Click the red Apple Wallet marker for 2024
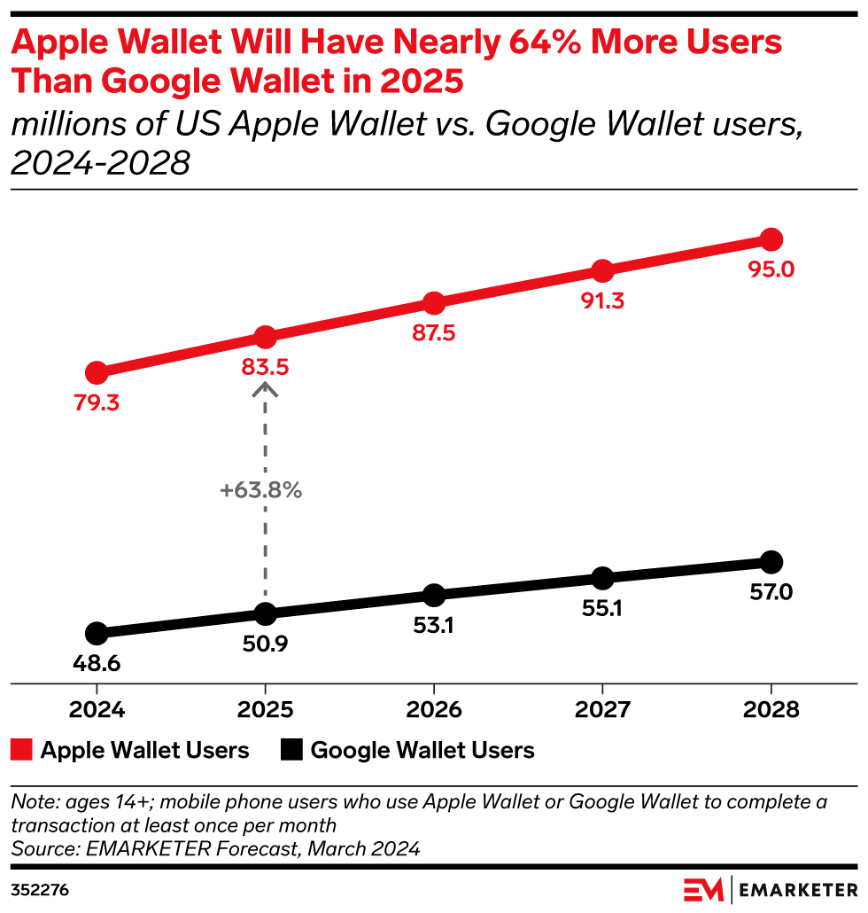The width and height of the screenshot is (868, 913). pyautogui.click(x=97, y=372)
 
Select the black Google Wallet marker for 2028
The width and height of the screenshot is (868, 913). pyautogui.click(x=771, y=561)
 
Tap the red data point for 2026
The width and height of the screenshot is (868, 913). pyautogui.click(x=433, y=303)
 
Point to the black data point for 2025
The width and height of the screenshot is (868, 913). pyautogui.click(x=265, y=613)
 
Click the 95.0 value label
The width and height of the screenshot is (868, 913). pyautogui.click(x=771, y=269)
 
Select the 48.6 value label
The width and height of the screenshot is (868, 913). pyautogui.click(x=97, y=662)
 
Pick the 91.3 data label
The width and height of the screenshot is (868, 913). pyautogui.click(x=602, y=300)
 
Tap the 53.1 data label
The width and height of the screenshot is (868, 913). pyautogui.click(x=433, y=625)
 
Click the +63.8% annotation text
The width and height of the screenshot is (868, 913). pyautogui.click(x=263, y=489)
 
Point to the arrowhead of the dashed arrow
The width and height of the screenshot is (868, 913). pyautogui.click(x=265, y=388)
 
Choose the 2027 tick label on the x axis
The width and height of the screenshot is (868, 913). pyautogui.click(x=602, y=710)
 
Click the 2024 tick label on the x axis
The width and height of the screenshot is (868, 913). pyautogui.click(x=97, y=710)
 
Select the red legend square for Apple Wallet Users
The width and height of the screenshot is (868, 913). pyautogui.click(x=21, y=751)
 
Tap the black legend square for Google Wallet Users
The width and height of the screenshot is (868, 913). pyautogui.click(x=291, y=751)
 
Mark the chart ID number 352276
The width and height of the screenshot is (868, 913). pyautogui.click(x=40, y=888)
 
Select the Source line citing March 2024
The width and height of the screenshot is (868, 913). pyautogui.click(x=214, y=848)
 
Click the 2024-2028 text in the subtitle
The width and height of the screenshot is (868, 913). pyautogui.click(x=101, y=163)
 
